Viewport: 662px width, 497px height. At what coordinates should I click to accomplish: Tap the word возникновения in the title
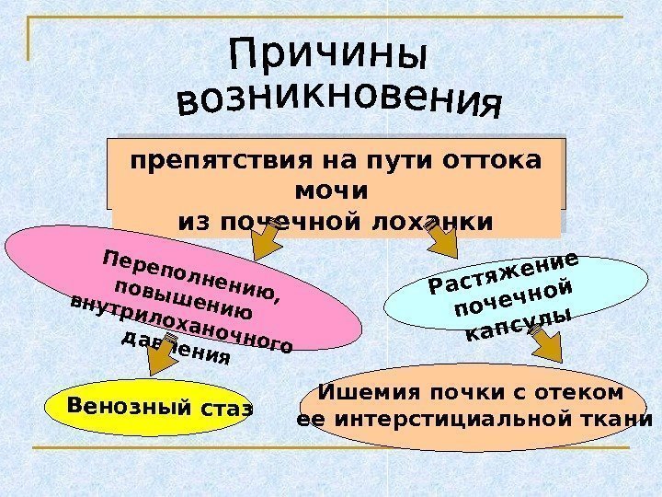(340, 103)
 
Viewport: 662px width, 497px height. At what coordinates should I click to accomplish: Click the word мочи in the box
(332, 191)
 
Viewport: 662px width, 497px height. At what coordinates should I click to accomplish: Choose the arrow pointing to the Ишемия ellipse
(551, 346)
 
